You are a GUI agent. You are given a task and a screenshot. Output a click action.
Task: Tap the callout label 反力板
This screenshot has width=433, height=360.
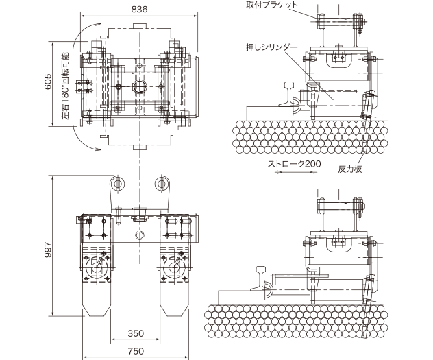[x=348, y=168]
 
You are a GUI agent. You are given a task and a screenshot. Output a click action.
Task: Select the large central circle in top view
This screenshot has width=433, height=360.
[x=140, y=86]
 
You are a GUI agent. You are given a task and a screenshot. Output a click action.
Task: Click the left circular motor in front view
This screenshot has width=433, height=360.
[x=99, y=265]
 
